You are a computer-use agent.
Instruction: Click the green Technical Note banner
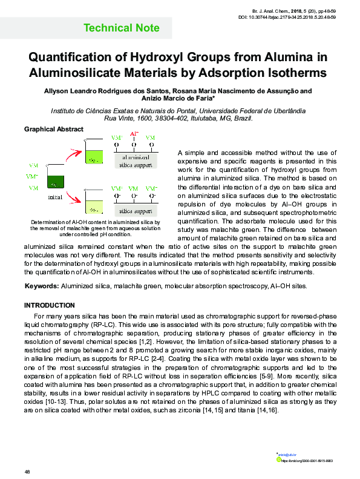pos(121,28)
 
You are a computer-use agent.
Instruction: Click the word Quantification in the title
pos(71,58)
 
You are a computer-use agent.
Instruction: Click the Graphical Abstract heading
pos(53,130)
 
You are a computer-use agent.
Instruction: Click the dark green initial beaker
pos(56,180)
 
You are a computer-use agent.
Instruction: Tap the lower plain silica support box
pos(136,211)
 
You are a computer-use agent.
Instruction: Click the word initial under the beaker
pos(55,197)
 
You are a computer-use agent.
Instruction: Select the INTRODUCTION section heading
pos(49,305)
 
